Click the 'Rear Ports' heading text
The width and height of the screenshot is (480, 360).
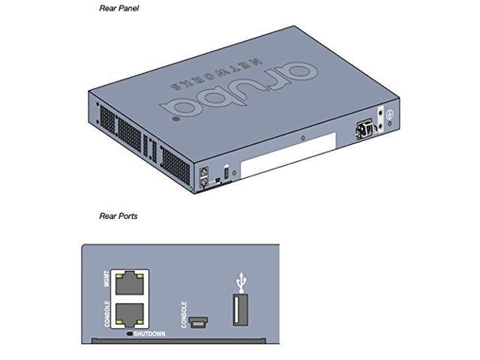pyautogui.click(x=118, y=216)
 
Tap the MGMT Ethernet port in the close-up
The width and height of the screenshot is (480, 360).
pyautogui.click(x=130, y=283)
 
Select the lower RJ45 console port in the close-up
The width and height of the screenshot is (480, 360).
pyautogui.click(x=130, y=313)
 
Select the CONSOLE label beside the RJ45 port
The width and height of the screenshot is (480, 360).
pyautogui.click(x=107, y=314)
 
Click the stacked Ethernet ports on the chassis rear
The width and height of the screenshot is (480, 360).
pyautogui.click(x=204, y=176)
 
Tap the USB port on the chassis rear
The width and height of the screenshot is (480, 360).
pyautogui.click(x=226, y=167)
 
